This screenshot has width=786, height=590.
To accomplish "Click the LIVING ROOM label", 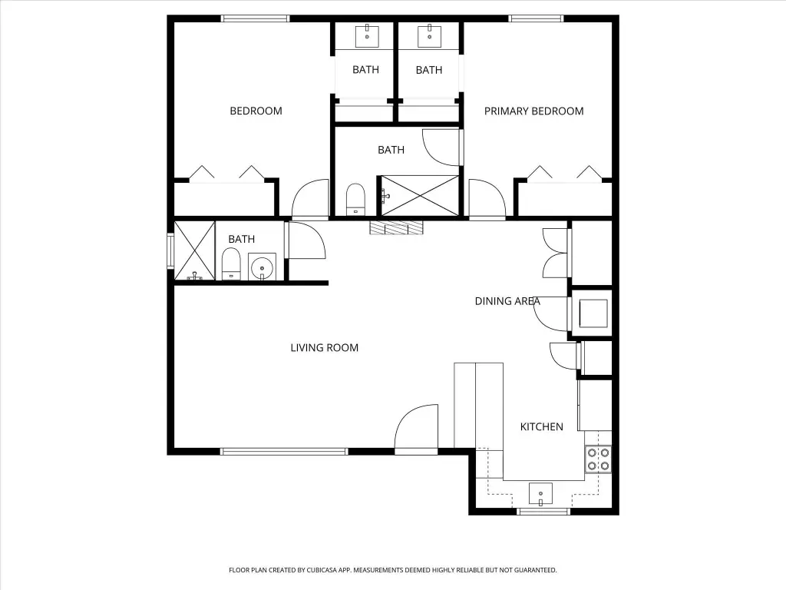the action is pyautogui.click(x=325, y=348).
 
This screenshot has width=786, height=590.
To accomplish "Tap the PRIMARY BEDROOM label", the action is pyautogui.click(x=534, y=111).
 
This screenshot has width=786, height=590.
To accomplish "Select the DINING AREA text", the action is pyautogui.click(x=507, y=301).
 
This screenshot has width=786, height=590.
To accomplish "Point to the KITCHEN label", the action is pyautogui.click(x=541, y=427).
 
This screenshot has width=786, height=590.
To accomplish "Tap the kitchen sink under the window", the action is pyautogui.click(x=541, y=494).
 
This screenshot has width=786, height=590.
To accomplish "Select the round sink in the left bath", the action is pyautogui.click(x=262, y=267).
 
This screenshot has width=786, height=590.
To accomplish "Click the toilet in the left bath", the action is pyautogui.click(x=231, y=264).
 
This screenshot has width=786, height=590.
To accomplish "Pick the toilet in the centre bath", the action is pyautogui.click(x=355, y=200).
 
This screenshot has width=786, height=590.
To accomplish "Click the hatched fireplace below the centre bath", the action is pyautogui.click(x=397, y=227).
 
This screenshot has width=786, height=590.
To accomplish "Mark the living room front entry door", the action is pyautogui.click(x=417, y=429).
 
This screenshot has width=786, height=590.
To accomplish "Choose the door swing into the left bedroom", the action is pyautogui.click(x=310, y=199).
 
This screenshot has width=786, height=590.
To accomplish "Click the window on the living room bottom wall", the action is pyautogui.click(x=284, y=452).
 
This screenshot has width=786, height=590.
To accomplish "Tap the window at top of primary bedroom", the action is pyautogui.click(x=536, y=19).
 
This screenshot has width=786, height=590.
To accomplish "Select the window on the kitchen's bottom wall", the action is pyautogui.click(x=543, y=511).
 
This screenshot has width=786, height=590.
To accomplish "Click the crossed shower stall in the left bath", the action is pyautogui.click(x=194, y=251).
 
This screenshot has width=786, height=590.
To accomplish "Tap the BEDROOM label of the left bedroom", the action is pyautogui.click(x=256, y=111).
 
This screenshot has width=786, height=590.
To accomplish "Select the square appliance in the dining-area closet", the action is pyautogui.click(x=593, y=313).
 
